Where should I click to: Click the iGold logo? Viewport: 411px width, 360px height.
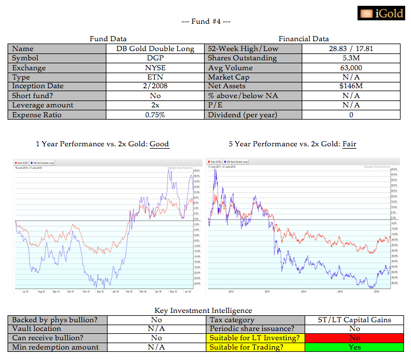(381, 13)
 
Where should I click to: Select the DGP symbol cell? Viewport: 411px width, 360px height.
(155, 58)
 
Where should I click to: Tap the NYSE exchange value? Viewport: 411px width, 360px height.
(155, 67)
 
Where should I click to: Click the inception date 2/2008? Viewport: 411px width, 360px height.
(155, 86)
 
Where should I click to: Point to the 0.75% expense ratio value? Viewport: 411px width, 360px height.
(155, 114)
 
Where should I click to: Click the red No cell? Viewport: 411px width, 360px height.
(355, 338)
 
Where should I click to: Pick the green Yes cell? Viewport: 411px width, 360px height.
(355, 347)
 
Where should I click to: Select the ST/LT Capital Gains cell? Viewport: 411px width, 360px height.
(355, 319)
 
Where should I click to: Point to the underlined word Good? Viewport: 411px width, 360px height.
(159, 144)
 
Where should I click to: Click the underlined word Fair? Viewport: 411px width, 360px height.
(349, 144)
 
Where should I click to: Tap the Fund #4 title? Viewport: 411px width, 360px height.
(206, 22)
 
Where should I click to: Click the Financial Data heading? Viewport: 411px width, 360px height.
(303, 39)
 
